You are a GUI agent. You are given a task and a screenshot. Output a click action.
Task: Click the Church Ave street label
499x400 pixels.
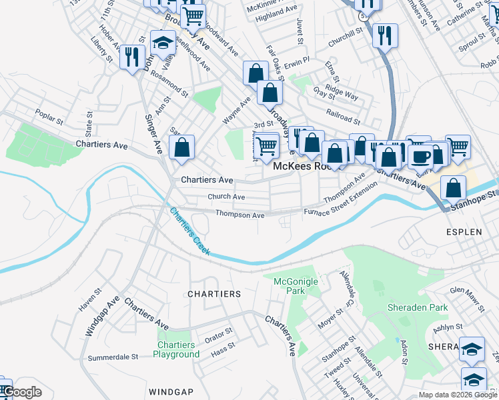pos(225,197)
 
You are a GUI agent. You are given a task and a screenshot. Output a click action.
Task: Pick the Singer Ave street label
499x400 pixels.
pos(153,134)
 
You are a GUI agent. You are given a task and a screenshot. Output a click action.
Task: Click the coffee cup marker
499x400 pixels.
pos(420,156)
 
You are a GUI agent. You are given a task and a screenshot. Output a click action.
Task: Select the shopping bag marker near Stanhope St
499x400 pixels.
pos(453,189)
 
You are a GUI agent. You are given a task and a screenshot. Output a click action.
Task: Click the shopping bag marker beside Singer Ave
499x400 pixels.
pos(181,149)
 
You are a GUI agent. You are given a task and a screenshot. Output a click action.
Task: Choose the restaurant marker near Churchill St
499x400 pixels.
pos(385,35)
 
